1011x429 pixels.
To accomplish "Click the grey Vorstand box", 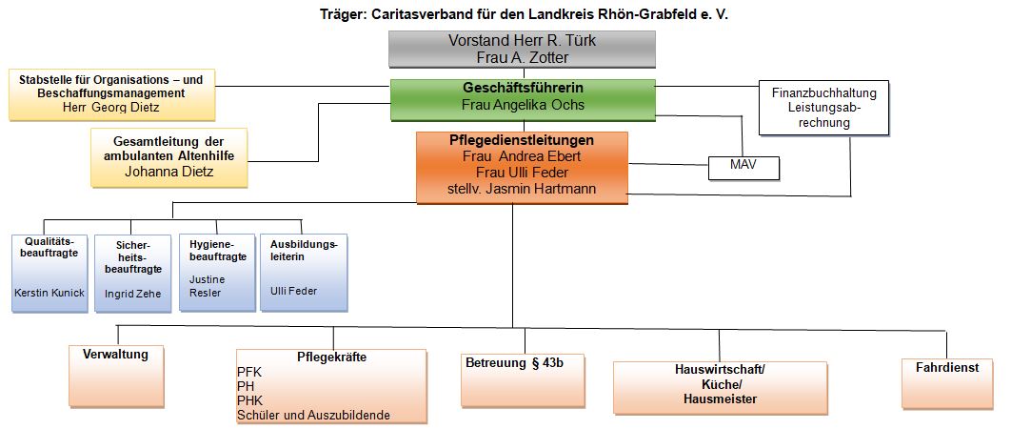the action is [522, 50].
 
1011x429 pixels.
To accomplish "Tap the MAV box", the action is [743, 168].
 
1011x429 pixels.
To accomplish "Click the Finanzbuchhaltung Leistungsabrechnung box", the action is [823, 108].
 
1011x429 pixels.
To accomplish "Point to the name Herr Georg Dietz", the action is [110, 108].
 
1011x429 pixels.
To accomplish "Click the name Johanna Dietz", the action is [168, 172].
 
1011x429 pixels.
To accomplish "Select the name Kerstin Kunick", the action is [49, 292].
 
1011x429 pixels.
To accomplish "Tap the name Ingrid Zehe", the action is [133, 294].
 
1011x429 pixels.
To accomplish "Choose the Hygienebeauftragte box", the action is [217, 273].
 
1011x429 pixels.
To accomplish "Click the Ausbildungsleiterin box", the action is [304, 273].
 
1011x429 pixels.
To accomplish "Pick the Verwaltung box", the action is [116, 376].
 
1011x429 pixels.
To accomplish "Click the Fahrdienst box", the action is [947, 384].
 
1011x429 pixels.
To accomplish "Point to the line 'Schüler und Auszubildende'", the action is [314, 415].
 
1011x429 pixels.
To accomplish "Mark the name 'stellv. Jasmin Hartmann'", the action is [522, 189].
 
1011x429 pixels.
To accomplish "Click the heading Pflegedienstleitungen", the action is [522, 140].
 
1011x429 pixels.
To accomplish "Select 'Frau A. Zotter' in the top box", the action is [522, 57].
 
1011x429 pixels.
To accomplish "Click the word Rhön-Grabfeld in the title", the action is [652, 14].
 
